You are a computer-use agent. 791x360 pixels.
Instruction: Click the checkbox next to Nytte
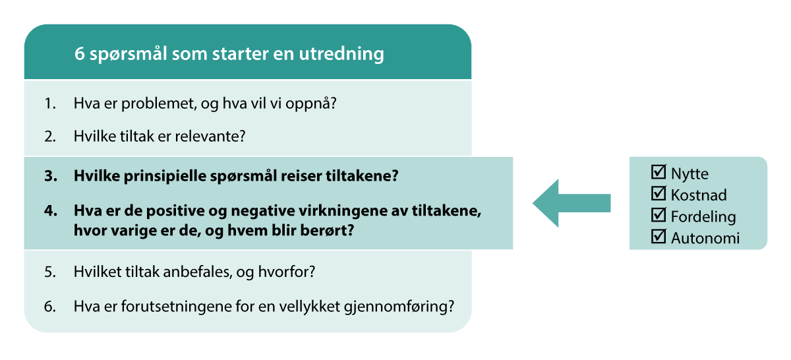[658, 173]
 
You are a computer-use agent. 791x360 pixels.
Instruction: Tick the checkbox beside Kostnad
[658, 194]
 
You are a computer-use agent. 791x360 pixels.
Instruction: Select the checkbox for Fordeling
[658, 215]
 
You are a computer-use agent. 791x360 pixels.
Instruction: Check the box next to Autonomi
[658, 237]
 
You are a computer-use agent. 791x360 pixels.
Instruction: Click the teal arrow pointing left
[571, 203]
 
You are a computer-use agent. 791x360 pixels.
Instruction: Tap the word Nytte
[689, 174]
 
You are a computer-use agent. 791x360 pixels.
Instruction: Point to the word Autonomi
[705, 238]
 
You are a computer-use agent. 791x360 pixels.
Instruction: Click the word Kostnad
[698, 195]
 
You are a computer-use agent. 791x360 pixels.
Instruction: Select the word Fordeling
[703, 216]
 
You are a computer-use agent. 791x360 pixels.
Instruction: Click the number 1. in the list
[50, 104]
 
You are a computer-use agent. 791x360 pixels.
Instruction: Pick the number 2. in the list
[50, 136]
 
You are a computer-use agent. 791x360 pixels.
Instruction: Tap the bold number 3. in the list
[50, 177]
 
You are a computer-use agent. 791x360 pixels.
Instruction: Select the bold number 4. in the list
[50, 212]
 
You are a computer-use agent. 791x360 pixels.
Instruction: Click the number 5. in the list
[50, 272]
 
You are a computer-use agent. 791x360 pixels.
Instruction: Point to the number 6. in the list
[50, 307]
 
